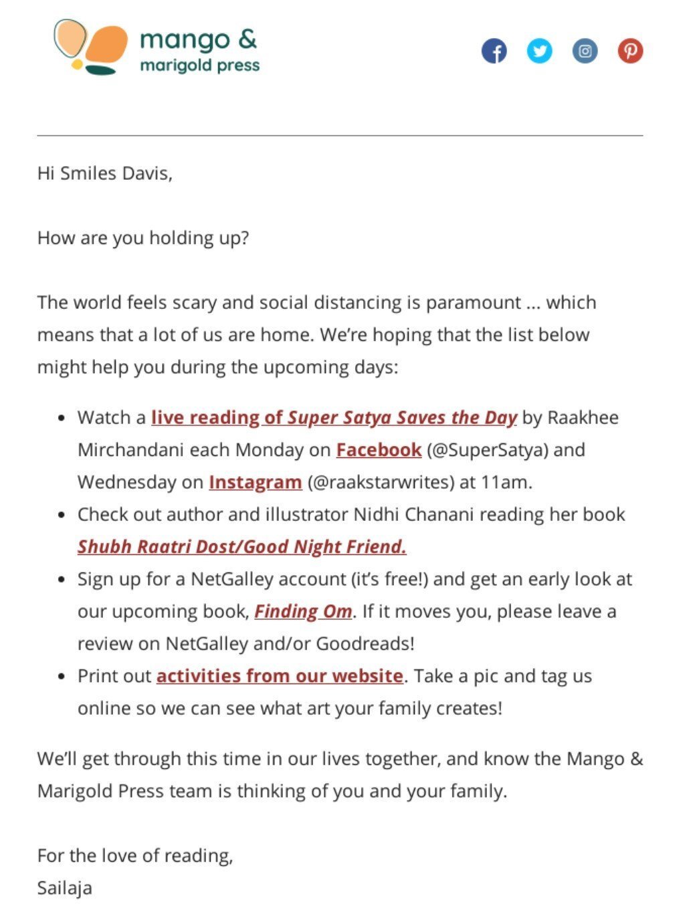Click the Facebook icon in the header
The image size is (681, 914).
[494, 51]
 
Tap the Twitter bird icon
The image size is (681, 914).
[539, 51]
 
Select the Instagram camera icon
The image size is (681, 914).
[585, 51]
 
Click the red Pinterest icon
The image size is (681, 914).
[630, 51]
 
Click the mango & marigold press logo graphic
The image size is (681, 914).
[91, 47]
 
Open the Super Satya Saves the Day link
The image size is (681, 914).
[334, 418]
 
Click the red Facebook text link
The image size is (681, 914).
[379, 450]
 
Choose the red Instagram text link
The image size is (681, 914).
[255, 482]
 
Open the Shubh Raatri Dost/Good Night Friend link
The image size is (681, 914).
[241, 547]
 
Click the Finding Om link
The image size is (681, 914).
[303, 612]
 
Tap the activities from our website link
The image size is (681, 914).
[280, 676]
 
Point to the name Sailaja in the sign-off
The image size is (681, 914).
[64, 888]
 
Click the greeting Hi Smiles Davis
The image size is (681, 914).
[104, 174]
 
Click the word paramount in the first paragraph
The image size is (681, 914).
[473, 302]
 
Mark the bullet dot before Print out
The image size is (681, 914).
[62, 677]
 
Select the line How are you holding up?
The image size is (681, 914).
[143, 238]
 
